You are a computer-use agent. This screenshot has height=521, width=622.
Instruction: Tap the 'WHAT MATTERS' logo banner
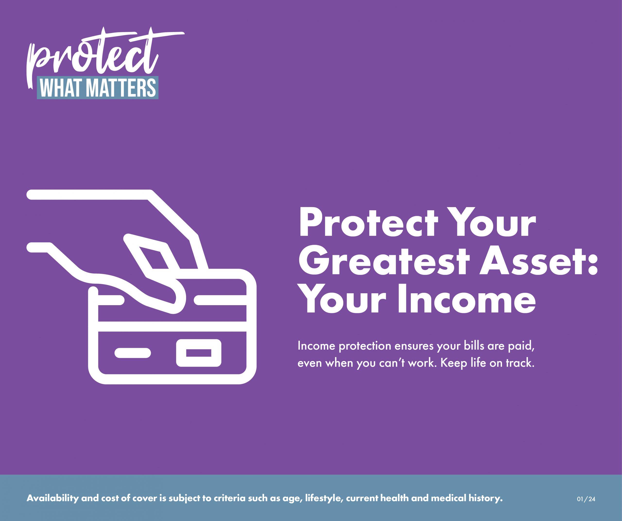[98, 88]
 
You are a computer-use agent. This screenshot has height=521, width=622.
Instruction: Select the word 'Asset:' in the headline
[539, 262]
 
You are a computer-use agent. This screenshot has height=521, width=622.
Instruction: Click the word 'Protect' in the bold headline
[368, 223]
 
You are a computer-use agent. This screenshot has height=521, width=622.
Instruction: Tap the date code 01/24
[586, 499]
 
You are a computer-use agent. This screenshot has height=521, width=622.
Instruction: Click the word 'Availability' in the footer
[53, 498]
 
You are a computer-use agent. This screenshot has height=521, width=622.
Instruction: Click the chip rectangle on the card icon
[199, 353]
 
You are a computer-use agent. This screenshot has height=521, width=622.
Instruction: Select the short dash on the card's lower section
[133, 353]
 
